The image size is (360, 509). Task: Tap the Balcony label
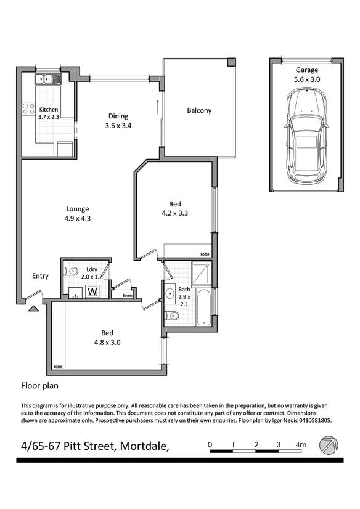tap(199, 111)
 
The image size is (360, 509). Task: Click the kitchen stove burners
tap(28, 110)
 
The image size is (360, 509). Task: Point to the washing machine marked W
tap(93, 291)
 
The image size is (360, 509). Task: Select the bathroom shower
tap(201, 274)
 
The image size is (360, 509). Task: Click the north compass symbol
tap(329, 444)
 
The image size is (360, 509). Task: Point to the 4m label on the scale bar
tap(301, 444)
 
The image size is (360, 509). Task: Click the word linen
tap(127, 296)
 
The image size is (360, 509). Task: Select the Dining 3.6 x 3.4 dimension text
tap(118, 121)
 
